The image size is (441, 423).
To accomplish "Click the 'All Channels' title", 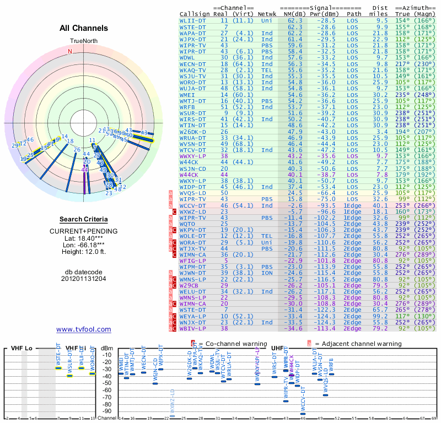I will click(x=84, y=28).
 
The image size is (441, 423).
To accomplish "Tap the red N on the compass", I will click(x=70, y=51).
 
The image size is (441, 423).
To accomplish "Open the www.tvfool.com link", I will click(x=84, y=329).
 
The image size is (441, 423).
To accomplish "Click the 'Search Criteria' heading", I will click(x=84, y=219).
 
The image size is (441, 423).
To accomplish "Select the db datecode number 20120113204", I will click(x=84, y=279).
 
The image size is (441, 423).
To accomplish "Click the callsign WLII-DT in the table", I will click(x=193, y=20).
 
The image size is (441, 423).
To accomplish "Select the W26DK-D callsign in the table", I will click(x=193, y=132).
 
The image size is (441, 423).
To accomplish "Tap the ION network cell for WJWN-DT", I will click(x=267, y=273).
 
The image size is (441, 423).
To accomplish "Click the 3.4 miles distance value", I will click(x=382, y=132).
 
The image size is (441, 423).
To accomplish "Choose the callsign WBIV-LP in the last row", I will click(x=193, y=328).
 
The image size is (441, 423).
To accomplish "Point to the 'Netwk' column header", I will click(x=267, y=14).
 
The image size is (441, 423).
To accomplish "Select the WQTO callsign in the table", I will click(x=187, y=224).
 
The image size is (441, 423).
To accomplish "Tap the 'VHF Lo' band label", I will click(x=23, y=348).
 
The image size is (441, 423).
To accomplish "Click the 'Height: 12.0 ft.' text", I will click(x=84, y=252).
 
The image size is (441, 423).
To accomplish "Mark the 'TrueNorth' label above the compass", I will click(x=84, y=41).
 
